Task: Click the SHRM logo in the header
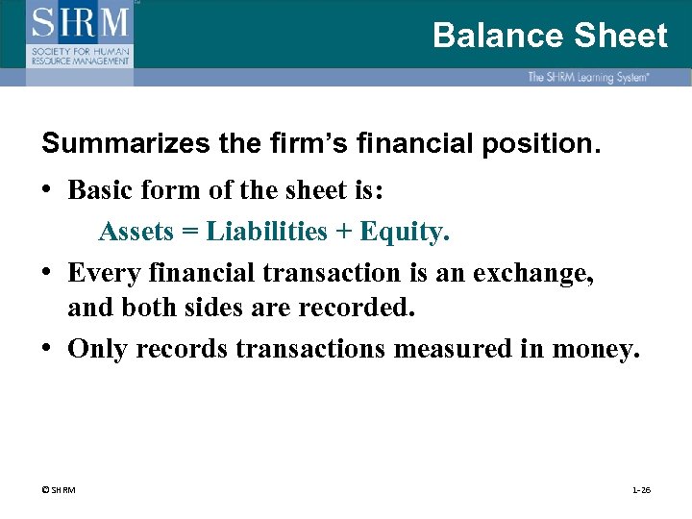[80, 34]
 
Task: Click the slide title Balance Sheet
[549, 36]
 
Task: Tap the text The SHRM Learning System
[587, 77]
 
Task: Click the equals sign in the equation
[188, 232]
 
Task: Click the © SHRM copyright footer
[60, 490]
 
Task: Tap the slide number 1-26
[641, 490]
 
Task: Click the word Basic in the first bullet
[99, 190]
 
